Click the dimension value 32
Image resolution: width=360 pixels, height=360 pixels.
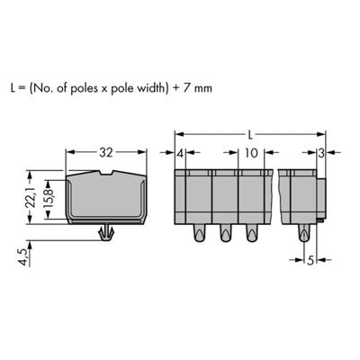click(105, 153)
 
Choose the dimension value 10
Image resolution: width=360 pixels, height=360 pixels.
click(250, 154)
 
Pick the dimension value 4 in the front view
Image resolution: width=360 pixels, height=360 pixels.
click(181, 154)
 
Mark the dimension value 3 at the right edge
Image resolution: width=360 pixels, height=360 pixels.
click(322, 154)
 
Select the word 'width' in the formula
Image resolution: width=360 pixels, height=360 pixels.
click(183, 90)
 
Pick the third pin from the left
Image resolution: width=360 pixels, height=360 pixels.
click(251, 236)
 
